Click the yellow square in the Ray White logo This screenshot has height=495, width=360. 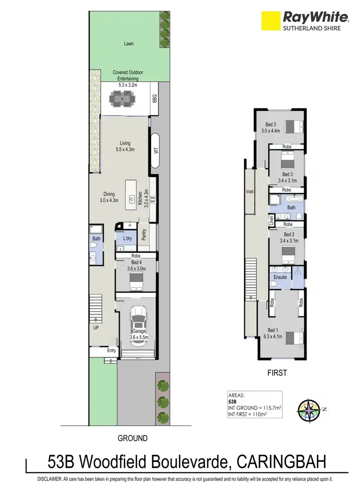[270, 21]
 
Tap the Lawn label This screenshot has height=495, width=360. [129, 44]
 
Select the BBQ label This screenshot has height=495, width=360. [155, 98]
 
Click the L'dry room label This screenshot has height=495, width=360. [127, 238]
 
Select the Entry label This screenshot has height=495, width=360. [112, 351]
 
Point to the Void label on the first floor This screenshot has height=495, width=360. [249, 191]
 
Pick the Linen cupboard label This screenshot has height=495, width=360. [271, 221]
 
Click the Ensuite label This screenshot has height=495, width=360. [280, 277]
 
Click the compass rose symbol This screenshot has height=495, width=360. [309, 411]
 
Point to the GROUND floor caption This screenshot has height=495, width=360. [132, 438]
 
